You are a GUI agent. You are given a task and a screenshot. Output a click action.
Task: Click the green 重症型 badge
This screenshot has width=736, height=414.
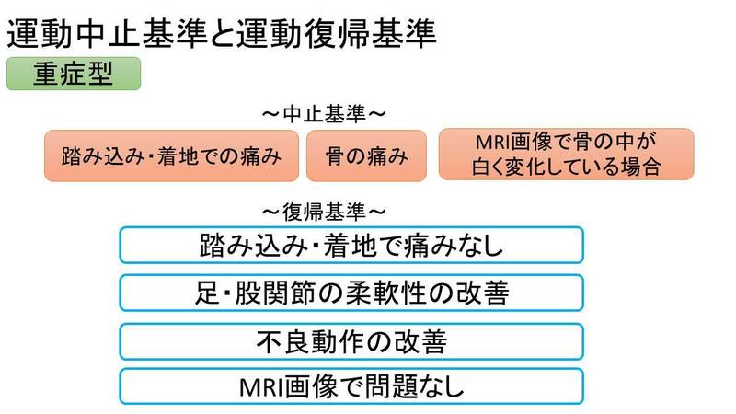pos(74,74)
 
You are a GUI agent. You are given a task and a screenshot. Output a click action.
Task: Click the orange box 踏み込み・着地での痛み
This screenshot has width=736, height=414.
pos(172,155)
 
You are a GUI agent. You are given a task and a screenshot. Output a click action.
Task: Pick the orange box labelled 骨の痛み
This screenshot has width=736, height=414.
pos(366,155)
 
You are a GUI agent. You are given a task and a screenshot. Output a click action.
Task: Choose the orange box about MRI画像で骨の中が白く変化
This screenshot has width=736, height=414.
pos(566,154)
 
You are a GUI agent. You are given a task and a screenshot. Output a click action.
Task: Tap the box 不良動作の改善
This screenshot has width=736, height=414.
pos(351,341)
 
